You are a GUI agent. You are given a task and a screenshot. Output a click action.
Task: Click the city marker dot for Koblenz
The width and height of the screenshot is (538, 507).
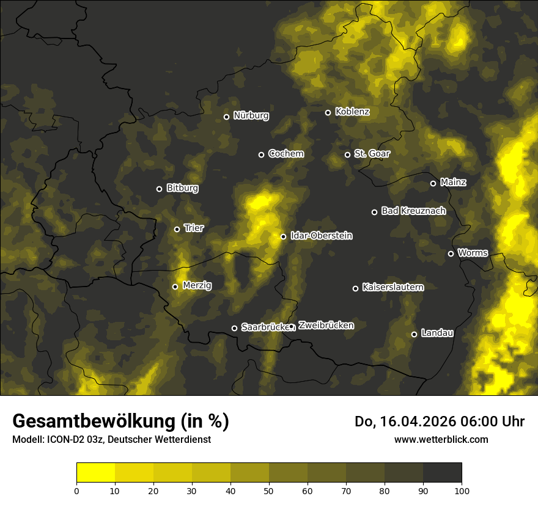point(328,112)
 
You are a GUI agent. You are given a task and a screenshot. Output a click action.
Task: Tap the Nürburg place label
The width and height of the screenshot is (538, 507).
point(251,115)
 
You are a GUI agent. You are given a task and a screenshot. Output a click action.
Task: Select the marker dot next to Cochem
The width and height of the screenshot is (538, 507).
point(261,155)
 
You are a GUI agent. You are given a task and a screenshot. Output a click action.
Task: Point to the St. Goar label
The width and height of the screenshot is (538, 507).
point(372,153)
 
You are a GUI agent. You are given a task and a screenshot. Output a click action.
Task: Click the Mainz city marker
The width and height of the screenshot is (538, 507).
point(433,183)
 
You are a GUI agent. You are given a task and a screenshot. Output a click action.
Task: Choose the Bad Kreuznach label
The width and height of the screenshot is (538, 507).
point(413,211)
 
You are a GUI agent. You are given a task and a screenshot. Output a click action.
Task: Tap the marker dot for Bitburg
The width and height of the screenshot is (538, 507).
point(159,189)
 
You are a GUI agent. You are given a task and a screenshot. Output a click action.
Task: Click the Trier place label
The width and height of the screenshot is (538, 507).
point(194,228)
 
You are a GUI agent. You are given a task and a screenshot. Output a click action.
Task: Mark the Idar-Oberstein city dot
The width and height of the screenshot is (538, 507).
point(283,236)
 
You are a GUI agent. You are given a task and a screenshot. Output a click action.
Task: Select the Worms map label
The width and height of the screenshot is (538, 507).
point(473,252)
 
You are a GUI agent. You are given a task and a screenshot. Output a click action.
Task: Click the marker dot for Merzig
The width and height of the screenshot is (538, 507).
point(175,286)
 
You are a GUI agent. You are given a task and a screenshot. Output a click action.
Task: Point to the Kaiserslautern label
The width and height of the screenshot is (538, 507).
point(392,287)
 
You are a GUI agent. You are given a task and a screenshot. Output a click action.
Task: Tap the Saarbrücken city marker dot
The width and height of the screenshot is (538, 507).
point(234,328)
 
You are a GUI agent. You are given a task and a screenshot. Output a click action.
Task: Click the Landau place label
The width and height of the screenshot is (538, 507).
point(437,333)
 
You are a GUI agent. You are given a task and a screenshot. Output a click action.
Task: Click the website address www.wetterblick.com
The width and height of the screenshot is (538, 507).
point(441,439)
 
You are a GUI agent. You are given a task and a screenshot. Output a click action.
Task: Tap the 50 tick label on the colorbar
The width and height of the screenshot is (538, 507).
point(269,491)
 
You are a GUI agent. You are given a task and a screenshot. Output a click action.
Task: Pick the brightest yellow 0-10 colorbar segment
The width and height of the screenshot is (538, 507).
point(96,473)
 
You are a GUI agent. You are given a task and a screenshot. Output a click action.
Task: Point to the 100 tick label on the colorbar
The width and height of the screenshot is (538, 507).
point(462,491)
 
